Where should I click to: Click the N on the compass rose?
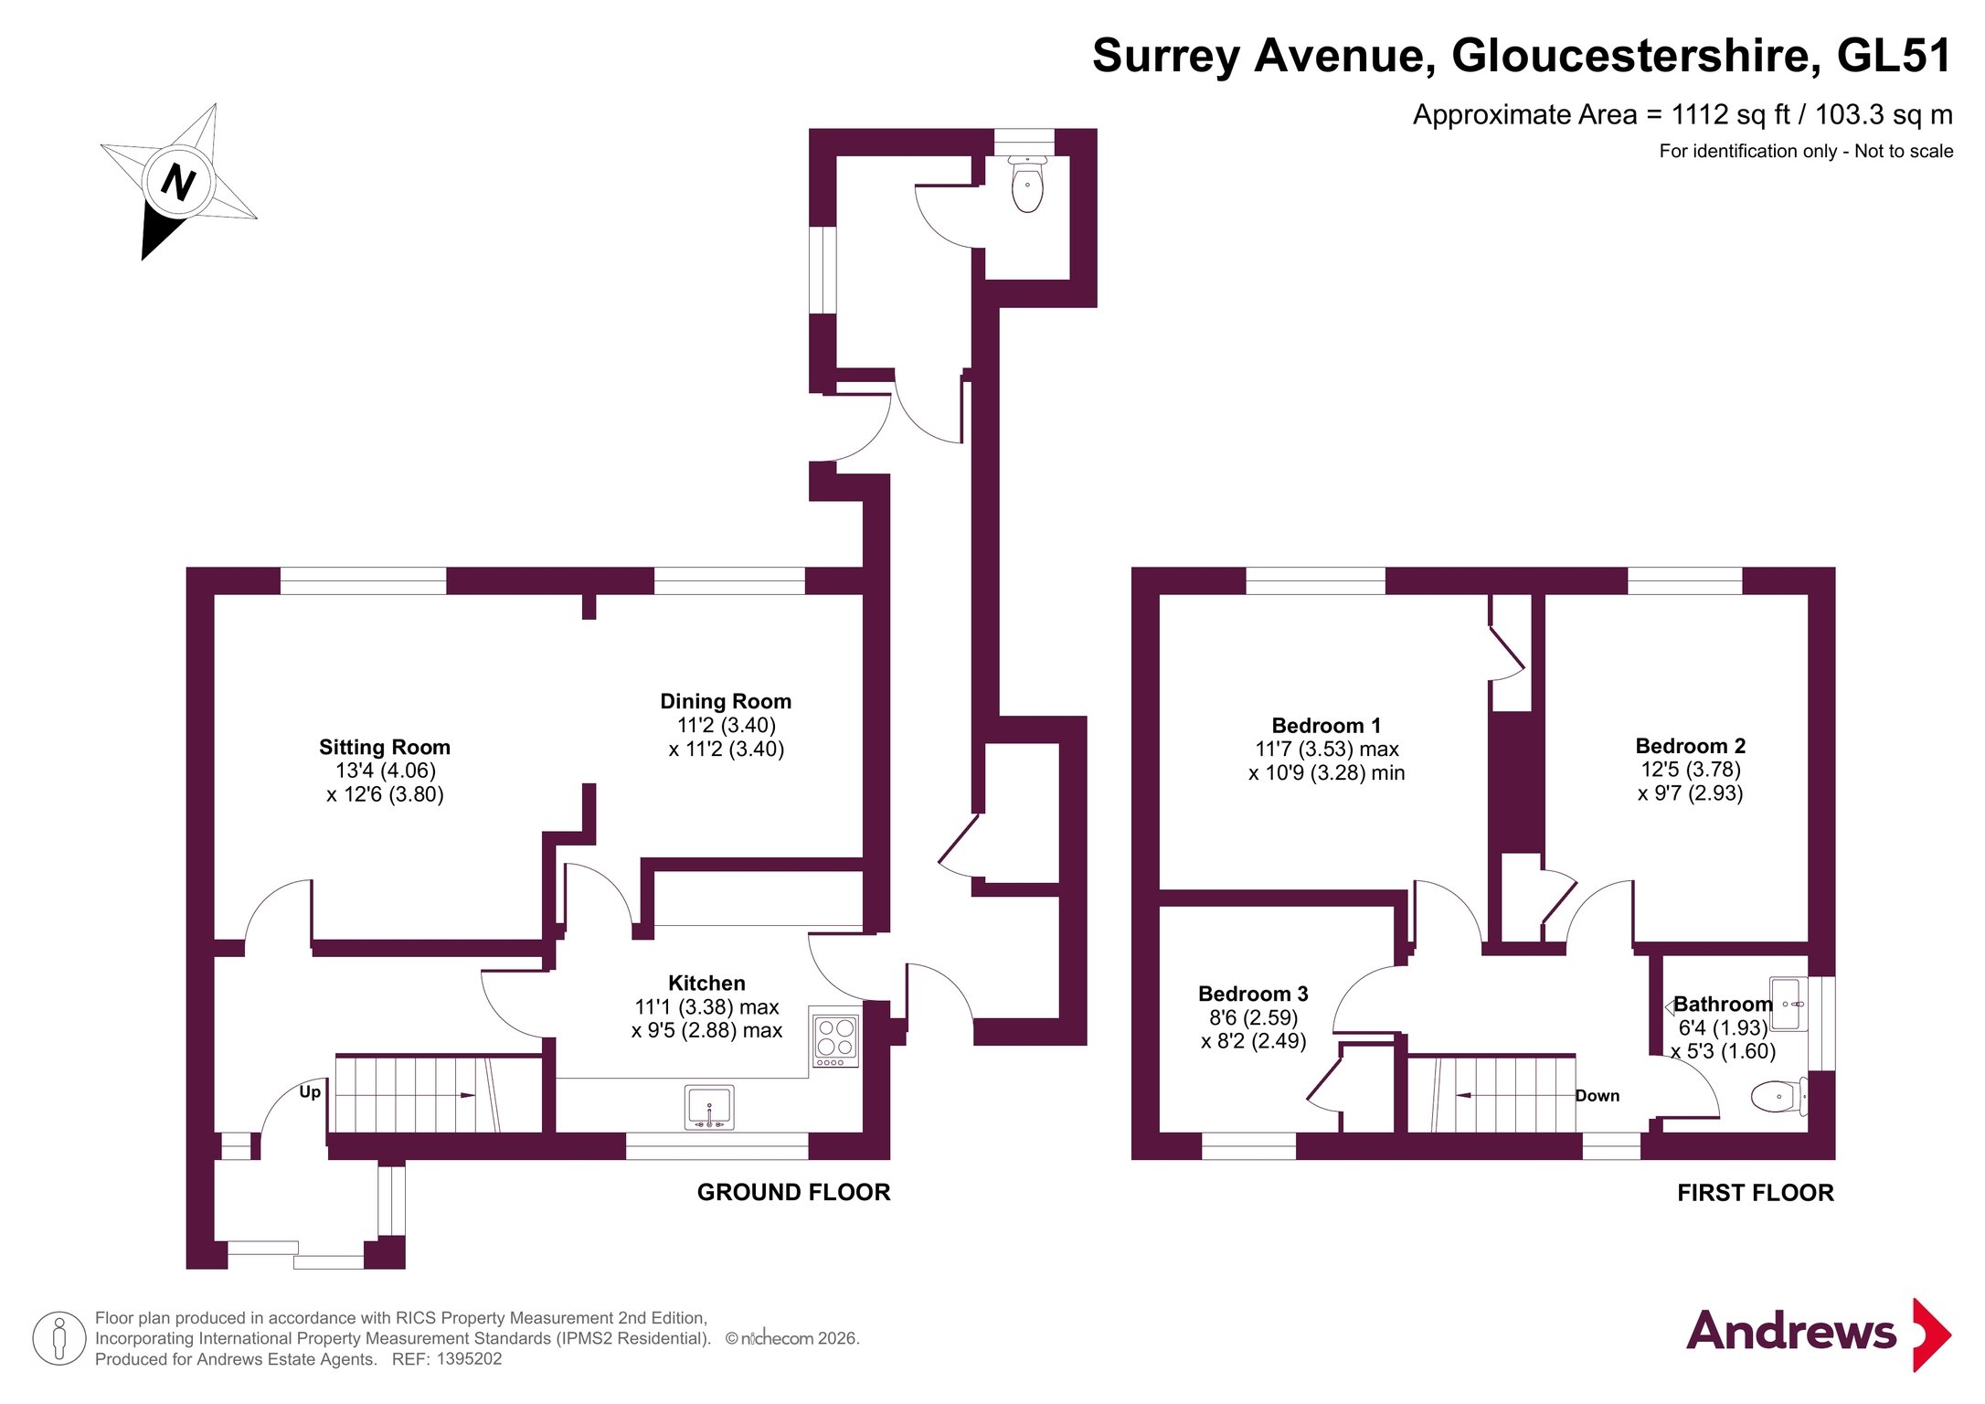point(177,181)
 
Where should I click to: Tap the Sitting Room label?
point(384,747)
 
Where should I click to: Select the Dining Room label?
point(726,701)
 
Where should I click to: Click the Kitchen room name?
point(706,983)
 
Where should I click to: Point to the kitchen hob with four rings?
point(835,1037)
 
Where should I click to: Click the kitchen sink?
point(709,1107)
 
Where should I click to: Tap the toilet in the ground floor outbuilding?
point(1027,184)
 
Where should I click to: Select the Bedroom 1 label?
point(1326,725)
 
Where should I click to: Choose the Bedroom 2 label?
point(1690,746)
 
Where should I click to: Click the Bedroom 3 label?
point(1253,994)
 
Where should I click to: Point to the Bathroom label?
point(1723,1004)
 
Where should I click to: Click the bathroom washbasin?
point(1789,1004)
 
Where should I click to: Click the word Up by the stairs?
point(310,1091)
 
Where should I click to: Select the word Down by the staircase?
point(1597,1095)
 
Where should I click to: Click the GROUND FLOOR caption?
point(793,1192)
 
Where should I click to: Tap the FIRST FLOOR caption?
point(1755,1193)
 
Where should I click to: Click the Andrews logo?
point(1818,1333)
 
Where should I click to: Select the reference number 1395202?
point(469,1359)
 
